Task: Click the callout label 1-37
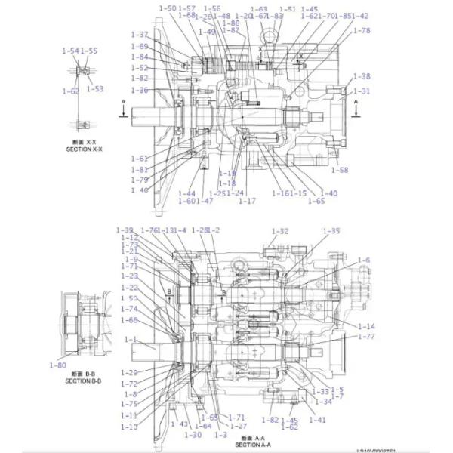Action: pyautogui.click(x=140, y=35)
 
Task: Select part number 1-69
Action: pyautogui.click(x=140, y=46)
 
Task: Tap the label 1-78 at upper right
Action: pyautogui.click(x=362, y=31)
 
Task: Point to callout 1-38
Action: pyautogui.click(x=362, y=76)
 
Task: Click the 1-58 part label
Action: pyautogui.click(x=340, y=171)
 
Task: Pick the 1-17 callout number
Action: pyautogui.click(x=247, y=201)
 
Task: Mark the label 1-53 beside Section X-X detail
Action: pyautogui.click(x=94, y=88)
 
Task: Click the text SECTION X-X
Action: pyautogui.click(x=84, y=149)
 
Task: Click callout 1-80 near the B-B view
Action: pyautogui.click(x=58, y=365)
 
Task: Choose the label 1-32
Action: pyautogui.click(x=279, y=231)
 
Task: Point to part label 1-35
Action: pyautogui.click(x=331, y=231)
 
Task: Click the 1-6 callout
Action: pyautogui.click(x=364, y=260)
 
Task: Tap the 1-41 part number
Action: pyautogui.click(x=318, y=420)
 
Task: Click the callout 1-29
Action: pyautogui.click(x=129, y=372)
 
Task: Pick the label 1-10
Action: pyautogui.click(x=129, y=427)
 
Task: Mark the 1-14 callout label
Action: pyautogui.click(x=366, y=326)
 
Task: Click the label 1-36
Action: pyautogui.click(x=140, y=91)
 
